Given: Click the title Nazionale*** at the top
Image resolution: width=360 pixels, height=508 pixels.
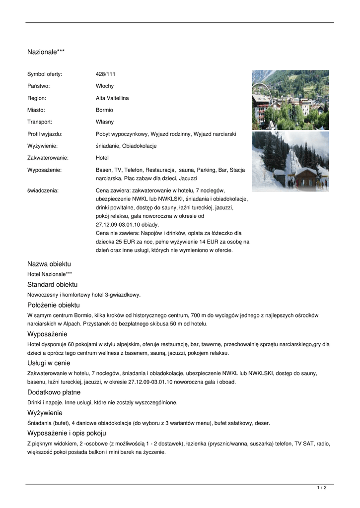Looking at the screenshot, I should tap(46, 52).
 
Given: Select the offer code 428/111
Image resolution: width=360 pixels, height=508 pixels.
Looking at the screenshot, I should tap(105, 74).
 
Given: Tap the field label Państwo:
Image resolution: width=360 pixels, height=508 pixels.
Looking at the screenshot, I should tap(38, 86).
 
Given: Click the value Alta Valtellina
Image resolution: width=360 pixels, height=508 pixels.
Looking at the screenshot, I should tap(112, 98).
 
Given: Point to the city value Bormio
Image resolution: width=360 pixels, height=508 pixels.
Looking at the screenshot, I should tap(104, 110).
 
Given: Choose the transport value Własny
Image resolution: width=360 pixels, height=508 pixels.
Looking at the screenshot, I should tap(105, 122).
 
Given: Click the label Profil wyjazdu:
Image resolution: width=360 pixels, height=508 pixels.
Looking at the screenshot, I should tap(45, 134).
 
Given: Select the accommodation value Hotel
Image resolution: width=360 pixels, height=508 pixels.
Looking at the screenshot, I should tap(102, 158).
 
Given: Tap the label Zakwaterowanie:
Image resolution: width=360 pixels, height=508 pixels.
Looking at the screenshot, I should tap(48, 158).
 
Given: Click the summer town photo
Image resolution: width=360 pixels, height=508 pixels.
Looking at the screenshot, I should tap(290, 100).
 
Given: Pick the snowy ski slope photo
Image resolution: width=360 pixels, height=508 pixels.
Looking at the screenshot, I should tap(290, 162).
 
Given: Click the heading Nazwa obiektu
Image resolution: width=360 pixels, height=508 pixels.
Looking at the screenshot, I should tap(49, 264).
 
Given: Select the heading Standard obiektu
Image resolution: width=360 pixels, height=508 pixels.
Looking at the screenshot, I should tap(52, 285).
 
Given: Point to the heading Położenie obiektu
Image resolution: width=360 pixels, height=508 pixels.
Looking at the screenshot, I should tap(53, 305).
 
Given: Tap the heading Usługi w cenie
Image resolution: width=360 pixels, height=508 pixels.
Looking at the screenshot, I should tap(49, 363).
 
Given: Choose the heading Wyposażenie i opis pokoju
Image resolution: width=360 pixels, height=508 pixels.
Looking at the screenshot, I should tap(67, 433).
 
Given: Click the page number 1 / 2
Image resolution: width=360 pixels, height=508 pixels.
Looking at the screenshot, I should tap(322, 488).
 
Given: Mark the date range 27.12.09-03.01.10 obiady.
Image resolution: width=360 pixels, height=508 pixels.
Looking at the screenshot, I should tap(127, 225).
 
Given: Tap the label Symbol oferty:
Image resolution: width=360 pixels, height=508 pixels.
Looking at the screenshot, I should tap(45, 74).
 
